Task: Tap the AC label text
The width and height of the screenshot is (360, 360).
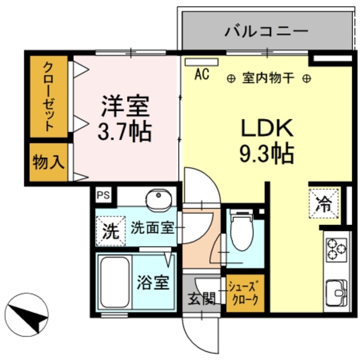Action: (x=202, y=74)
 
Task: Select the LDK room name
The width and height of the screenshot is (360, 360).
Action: (x=267, y=128)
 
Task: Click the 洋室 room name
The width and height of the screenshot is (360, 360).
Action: (x=125, y=106)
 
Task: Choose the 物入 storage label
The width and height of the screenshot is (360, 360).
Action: (x=48, y=163)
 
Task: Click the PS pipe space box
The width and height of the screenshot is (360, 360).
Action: (x=103, y=195)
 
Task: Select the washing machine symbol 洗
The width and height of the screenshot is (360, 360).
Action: (x=110, y=231)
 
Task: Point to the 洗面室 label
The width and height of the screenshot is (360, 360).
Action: (x=151, y=228)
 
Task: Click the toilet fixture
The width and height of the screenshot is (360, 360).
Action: (x=242, y=231)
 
